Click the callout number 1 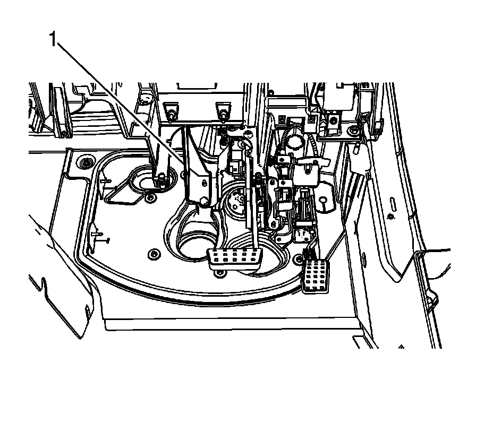pyautogui.click(x=53, y=39)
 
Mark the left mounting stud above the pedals pyautogui.click(x=171, y=113)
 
